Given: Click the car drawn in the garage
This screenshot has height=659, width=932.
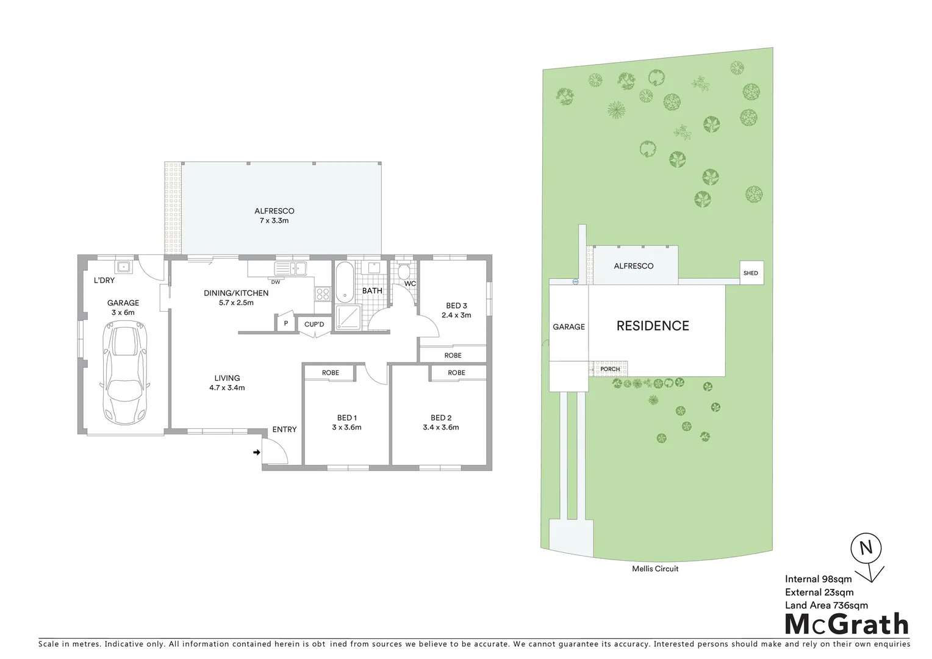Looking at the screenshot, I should (x=126, y=375).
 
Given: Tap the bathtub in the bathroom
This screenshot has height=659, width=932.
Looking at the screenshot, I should (x=344, y=283).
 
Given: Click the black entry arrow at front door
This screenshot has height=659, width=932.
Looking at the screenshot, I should (x=257, y=452).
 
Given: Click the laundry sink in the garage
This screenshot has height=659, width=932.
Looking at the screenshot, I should (x=124, y=267).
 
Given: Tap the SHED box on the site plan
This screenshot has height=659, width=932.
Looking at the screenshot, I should (x=751, y=273).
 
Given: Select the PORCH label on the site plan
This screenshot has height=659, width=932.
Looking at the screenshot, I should (x=610, y=369).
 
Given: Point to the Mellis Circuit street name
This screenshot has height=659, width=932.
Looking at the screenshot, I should (x=655, y=569).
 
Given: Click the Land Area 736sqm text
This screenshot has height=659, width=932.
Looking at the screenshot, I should (x=826, y=605).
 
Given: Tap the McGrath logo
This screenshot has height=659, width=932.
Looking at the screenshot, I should (x=846, y=624).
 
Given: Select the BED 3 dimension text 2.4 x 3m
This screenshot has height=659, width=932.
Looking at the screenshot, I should (x=456, y=315).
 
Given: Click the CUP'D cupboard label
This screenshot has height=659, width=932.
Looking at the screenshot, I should (x=314, y=325).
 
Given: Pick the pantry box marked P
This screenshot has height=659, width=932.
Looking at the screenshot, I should (x=285, y=324).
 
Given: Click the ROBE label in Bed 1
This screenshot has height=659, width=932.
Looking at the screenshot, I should (x=330, y=373).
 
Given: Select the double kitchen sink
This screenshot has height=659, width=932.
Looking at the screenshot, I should (x=291, y=268).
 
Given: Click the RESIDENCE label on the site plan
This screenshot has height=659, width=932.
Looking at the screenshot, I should (x=653, y=326).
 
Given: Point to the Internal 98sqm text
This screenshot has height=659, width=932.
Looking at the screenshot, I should (x=818, y=579).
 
